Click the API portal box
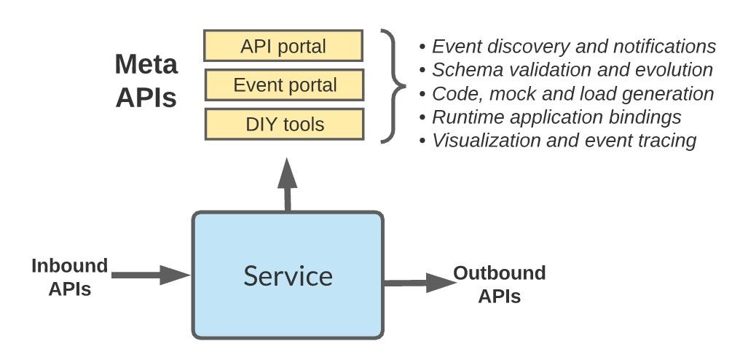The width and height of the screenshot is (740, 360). [x=283, y=47]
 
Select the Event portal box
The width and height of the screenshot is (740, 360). [x=283, y=85]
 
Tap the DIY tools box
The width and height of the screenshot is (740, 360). [x=283, y=124]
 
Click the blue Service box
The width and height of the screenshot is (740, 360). [x=288, y=275]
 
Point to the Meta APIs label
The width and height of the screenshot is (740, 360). [x=146, y=81]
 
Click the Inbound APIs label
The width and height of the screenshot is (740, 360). [x=69, y=277]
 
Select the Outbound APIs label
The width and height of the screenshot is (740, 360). [x=499, y=285]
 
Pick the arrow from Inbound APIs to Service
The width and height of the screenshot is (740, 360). [x=149, y=275]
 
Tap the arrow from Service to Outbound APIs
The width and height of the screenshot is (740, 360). [x=419, y=282]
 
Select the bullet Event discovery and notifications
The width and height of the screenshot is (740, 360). [x=567, y=47]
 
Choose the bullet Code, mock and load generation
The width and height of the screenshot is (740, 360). [x=566, y=93]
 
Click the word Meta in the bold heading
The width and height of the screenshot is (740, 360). [x=146, y=66]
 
